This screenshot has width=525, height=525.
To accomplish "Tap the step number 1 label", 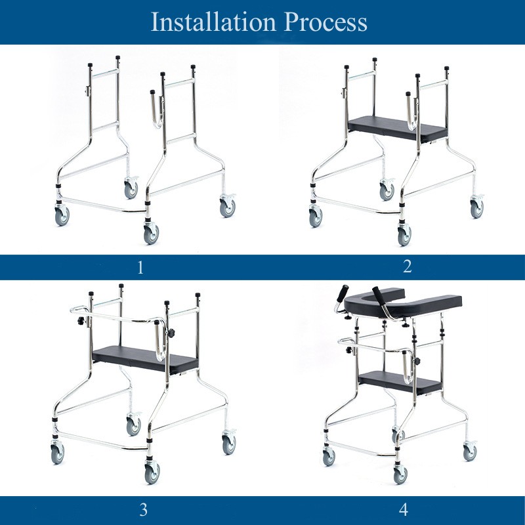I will (x=138, y=267).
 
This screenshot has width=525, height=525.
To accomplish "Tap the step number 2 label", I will (x=407, y=266).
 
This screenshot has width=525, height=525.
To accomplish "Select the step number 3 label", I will (x=143, y=509).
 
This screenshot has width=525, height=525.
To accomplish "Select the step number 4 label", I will (x=404, y=509).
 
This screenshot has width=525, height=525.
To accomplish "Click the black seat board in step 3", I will (x=146, y=357).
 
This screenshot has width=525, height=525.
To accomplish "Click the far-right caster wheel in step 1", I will (x=227, y=208).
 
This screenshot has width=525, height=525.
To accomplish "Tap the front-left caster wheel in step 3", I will (x=58, y=453).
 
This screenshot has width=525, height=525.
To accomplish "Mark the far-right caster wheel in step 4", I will (x=470, y=452).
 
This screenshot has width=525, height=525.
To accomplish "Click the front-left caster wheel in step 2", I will (x=316, y=217).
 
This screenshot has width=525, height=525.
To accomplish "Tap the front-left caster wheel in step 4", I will (x=328, y=457).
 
